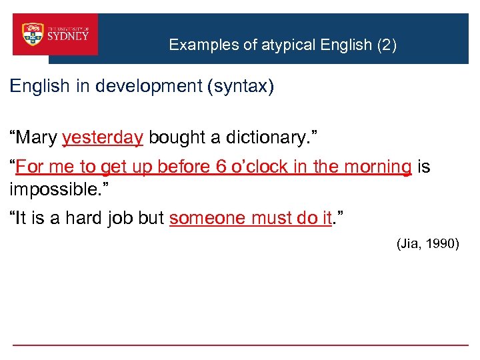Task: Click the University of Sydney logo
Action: pyautogui.click(x=56, y=34)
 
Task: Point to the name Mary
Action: pyautogui.click(x=38, y=137)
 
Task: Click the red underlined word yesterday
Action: pyautogui.click(x=102, y=137)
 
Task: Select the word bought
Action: pyautogui.click(x=173, y=137)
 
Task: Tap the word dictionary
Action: pyautogui.click(x=263, y=137)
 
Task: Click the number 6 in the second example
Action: pyautogui.click(x=222, y=167)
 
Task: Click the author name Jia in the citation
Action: pyautogui.click(x=409, y=244)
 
